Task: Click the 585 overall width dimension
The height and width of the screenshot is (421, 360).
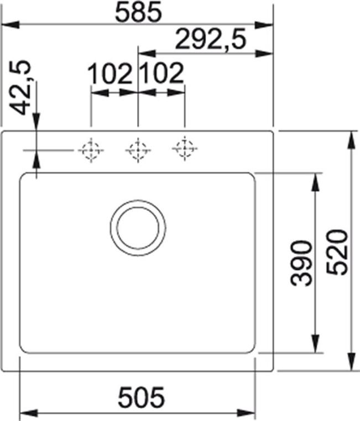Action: (138, 12)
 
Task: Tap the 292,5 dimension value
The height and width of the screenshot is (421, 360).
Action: (210, 39)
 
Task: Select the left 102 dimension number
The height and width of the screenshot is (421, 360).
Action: (110, 73)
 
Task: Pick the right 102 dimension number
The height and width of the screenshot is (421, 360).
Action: (161, 73)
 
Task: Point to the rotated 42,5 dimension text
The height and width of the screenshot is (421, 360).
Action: (22, 88)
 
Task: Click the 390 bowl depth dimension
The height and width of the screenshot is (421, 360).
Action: (301, 263)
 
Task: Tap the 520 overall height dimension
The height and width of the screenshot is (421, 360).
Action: (337, 252)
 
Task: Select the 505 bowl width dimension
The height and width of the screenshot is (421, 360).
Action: (141, 397)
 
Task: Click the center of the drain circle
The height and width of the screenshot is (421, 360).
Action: (138, 228)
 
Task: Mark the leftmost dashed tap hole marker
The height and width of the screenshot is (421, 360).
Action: (91, 150)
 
